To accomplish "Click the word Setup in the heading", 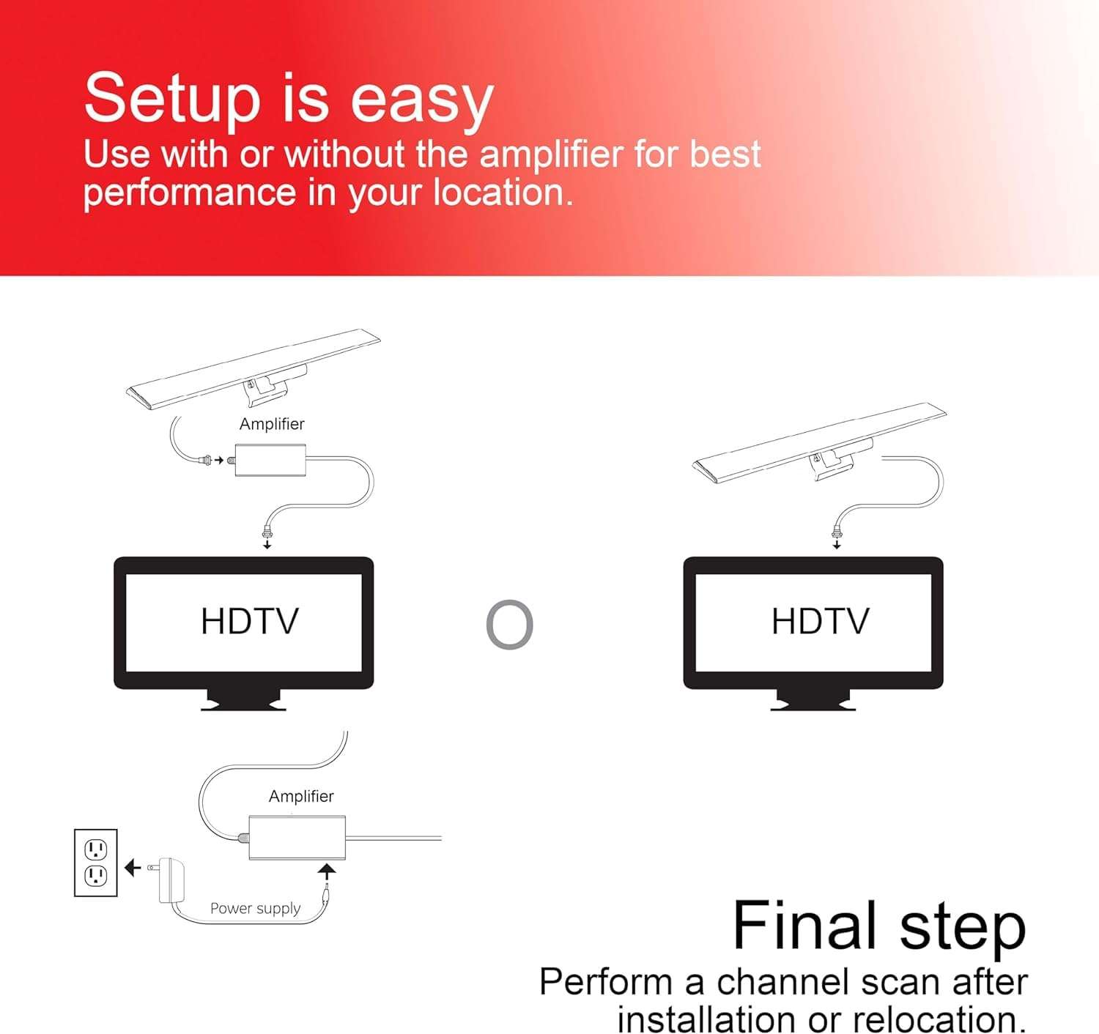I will point(172,99).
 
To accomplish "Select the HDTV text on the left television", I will point(249,622).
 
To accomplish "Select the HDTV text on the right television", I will point(820,622).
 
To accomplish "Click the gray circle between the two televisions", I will point(510,625).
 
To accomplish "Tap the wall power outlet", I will point(96,863).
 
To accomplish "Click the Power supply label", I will point(255,908).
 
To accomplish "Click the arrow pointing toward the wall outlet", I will point(132,868).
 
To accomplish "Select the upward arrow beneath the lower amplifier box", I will point(327,871).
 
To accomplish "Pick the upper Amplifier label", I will point(272,424).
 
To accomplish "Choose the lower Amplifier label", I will point(301,796).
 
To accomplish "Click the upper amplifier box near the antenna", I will point(270,460).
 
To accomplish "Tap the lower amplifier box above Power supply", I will point(297,837).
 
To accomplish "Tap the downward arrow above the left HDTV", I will point(267,544).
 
